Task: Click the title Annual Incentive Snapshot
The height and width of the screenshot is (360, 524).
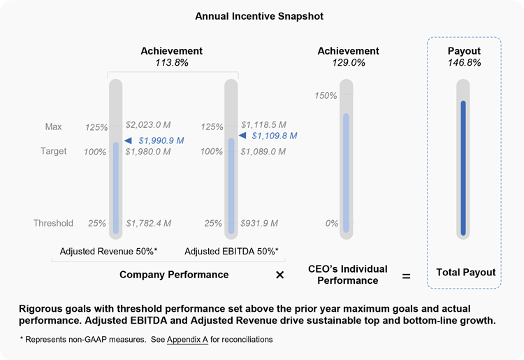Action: (259, 15)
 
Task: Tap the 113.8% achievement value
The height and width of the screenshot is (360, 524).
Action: (172, 63)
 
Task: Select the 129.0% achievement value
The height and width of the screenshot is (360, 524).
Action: (348, 63)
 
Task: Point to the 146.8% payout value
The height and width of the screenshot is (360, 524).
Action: (464, 63)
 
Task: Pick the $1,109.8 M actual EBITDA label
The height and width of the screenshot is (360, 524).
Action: (274, 136)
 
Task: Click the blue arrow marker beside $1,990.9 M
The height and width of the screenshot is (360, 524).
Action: (129, 141)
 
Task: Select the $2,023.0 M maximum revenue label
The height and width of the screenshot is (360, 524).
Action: (148, 125)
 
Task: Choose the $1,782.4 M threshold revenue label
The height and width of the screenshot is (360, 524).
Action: (148, 224)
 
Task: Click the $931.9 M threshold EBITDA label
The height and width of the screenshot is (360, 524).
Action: (259, 224)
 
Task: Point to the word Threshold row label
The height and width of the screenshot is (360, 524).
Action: (53, 224)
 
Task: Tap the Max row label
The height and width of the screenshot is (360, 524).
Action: (54, 127)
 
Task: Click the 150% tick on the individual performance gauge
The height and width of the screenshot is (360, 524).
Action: (326, 96)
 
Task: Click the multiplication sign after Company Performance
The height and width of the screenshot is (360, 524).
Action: (280, 275)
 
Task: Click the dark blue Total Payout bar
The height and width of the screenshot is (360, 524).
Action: (463, 168)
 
